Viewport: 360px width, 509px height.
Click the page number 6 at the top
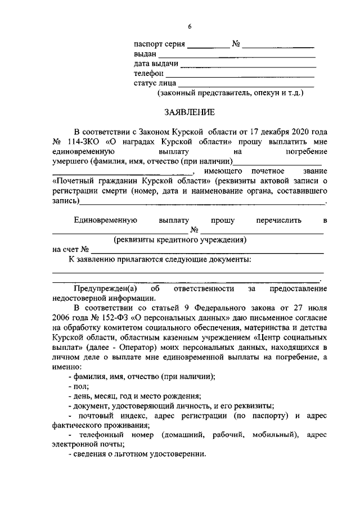coord(190,27)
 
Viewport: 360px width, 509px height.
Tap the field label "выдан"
coord(145,54)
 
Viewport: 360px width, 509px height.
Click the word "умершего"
coord(70,161)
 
